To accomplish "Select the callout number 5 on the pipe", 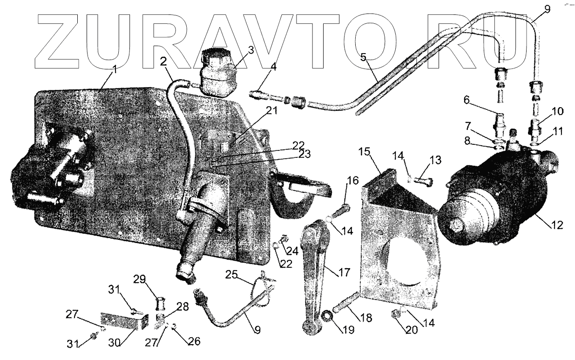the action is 364,57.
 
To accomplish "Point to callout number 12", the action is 557,225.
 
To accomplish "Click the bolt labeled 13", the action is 421,180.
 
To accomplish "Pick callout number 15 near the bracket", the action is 364,152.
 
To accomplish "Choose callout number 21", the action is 272,111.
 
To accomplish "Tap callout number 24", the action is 292,251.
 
